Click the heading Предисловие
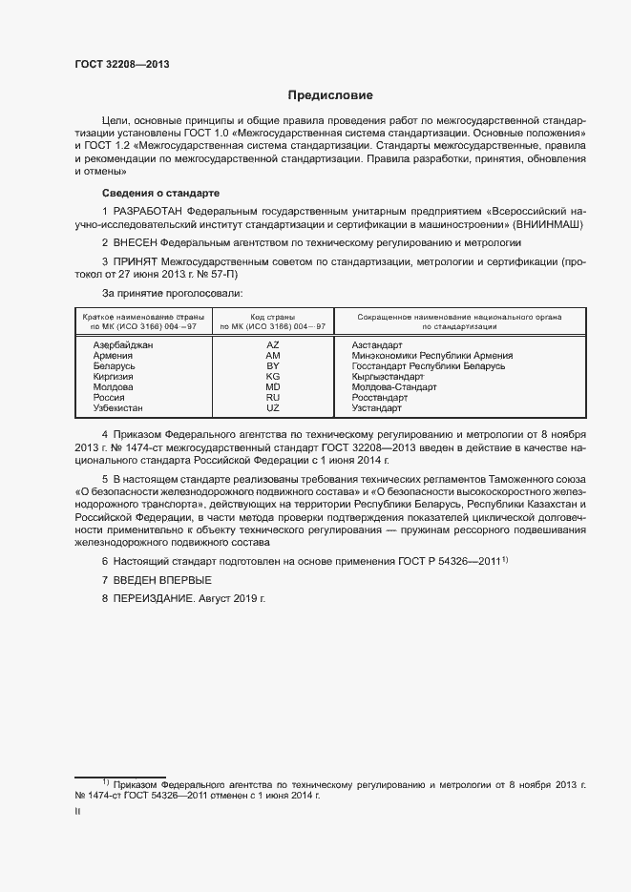(331, 95)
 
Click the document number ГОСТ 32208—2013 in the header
(121, 64)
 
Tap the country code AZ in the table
(272, 344)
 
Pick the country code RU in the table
(272, 397)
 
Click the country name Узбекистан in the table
(117, 408)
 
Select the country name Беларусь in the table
(115, 365)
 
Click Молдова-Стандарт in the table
(393, 387)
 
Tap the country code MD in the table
(272, 387)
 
